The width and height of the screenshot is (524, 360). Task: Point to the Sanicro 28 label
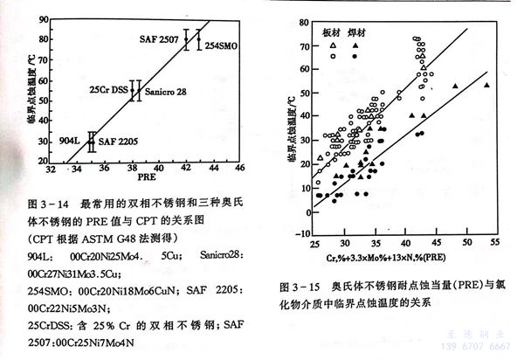coord(165,92)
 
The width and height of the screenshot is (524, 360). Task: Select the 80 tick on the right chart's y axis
coord(302,19)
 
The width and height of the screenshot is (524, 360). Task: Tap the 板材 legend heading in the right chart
coord(330,31)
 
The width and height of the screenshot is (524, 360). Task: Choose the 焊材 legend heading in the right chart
coord(358,31)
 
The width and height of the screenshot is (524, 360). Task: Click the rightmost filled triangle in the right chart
coord(486,85)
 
